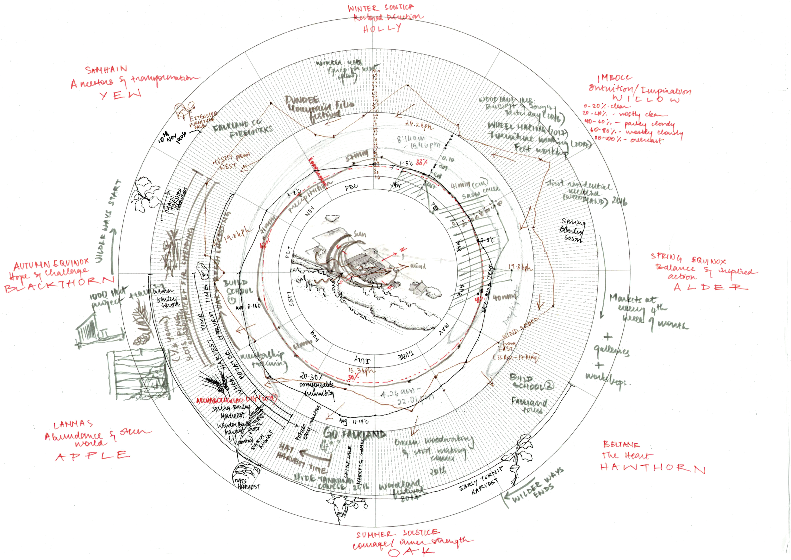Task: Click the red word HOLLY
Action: pos(382,28)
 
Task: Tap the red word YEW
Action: pos(121,94)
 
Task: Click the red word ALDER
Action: pos(710,287)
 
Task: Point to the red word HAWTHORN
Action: pos(652,468)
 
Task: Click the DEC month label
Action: pos(352,187)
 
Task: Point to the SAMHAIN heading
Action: pos(106,70)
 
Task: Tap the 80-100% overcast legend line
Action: pos(629,140)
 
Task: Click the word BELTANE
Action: pos(621,444)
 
